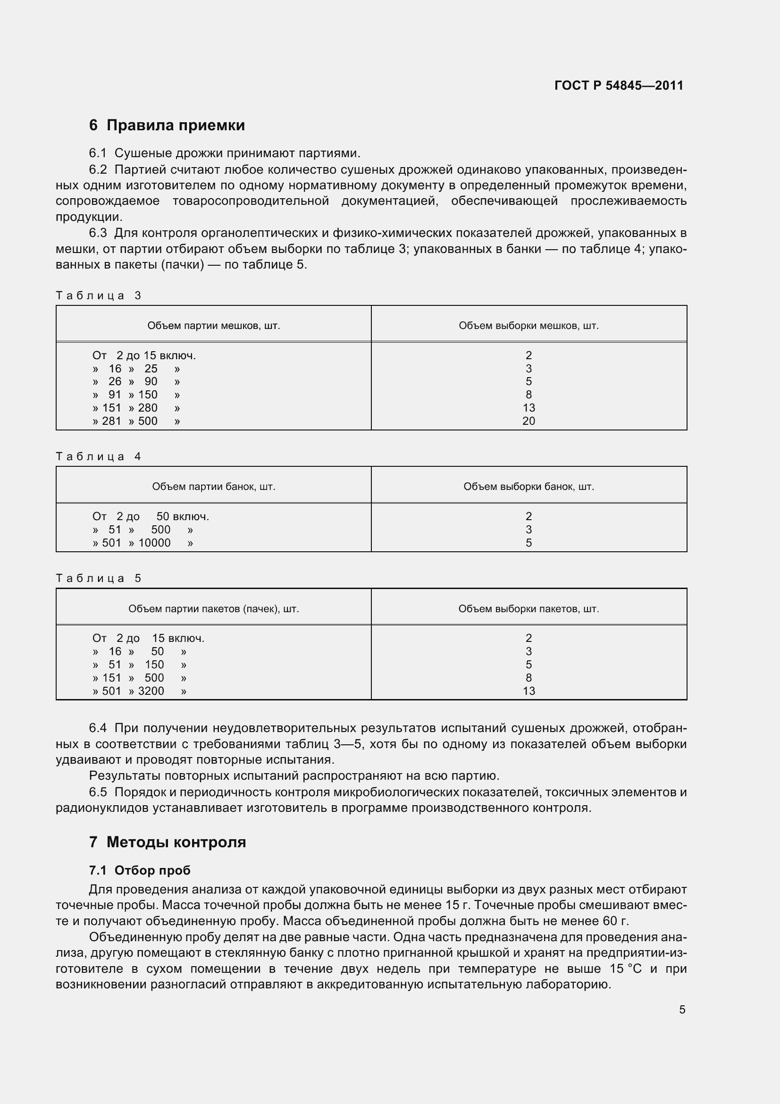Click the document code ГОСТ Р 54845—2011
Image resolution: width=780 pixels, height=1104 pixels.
[x=619, y=85]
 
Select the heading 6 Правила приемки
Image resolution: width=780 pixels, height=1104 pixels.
[x=167, y=125]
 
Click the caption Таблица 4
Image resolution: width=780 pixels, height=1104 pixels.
[x=99, y=456]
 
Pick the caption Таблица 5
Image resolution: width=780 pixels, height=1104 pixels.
[x=99, y=578]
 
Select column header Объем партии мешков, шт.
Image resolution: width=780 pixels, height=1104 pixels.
[x=213, y=326]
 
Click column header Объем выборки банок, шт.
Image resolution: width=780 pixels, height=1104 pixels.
[x=528, y=487]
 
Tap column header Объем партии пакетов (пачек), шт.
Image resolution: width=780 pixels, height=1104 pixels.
[x=213, y=609]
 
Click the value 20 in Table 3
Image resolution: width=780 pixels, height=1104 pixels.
[x=528, y=421]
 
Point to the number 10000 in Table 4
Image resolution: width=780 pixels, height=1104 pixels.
[x=154, y=543]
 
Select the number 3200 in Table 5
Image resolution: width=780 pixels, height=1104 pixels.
[x=151, y=691]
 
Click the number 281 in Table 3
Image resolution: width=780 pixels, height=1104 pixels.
[x=111, y=421]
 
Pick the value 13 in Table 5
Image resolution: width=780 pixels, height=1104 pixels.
[x=528, y=691]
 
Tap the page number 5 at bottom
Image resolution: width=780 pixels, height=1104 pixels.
[x=682, y=1010]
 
